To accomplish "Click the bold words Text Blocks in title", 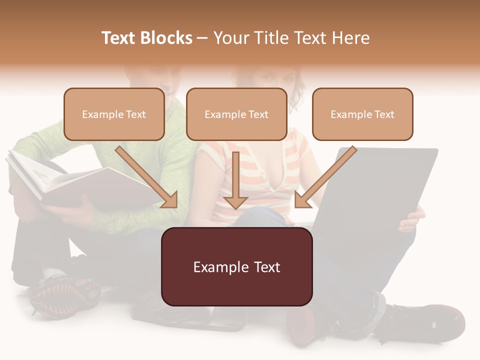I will [x=147, y=38].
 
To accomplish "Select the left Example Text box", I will [x=114, y=114].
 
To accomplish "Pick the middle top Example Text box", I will [x=236, y=114].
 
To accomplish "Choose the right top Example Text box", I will [x=362, y=114].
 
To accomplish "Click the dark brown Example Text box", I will [x=237, y=267].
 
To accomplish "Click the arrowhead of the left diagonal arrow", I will [x=170, y=199].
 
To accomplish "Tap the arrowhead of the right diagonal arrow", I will [x=302, y=199].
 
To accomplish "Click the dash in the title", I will [x=202, y=38].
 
